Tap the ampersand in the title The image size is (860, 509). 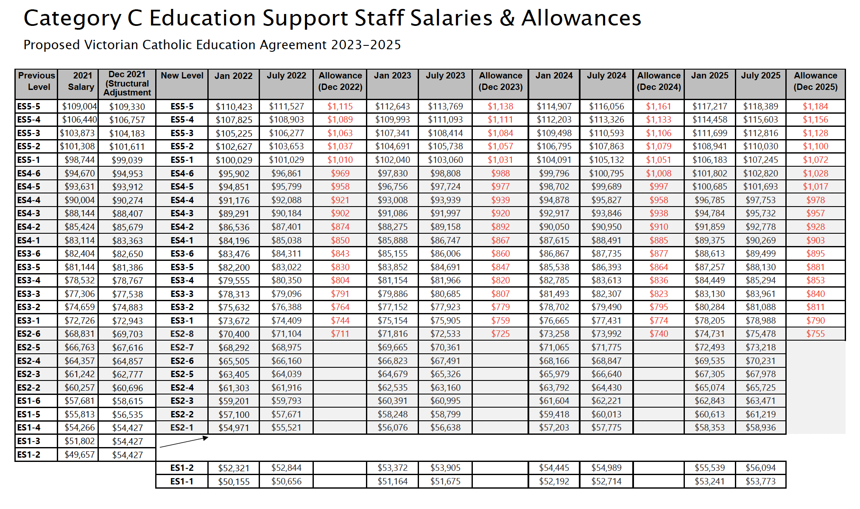[507, 19]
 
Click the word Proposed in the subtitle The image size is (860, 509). [51, 45]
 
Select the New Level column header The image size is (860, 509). [182, 76]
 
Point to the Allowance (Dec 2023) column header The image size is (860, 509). [500, 81]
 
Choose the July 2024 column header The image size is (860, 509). [606, 76]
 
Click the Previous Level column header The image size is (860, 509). [36, 81]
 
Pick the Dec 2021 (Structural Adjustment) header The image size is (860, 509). [127, 84]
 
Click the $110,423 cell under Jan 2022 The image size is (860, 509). [234, 107]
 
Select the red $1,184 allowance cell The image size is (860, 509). [815, 106]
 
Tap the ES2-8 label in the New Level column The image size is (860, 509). [182, 334]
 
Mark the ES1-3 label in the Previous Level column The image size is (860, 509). [29, 441]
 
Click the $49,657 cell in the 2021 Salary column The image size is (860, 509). [79, 455]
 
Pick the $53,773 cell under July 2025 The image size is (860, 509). [760, 481]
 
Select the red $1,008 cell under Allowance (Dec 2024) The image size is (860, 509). [659, 173]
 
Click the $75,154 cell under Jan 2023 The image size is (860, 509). [392, 321]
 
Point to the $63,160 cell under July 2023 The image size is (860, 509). [445, 388]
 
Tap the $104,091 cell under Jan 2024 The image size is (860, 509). [554, 160]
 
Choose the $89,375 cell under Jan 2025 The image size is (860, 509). [709, 241]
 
